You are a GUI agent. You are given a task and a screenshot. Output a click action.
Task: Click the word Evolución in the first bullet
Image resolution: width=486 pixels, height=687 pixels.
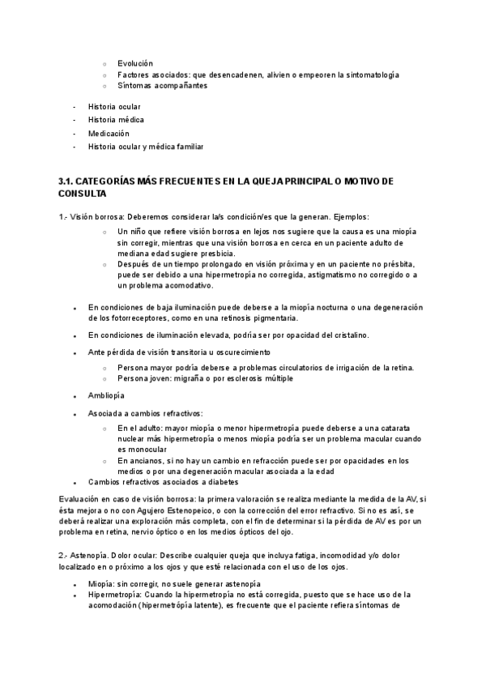pyautogui.click(x=134, y=63)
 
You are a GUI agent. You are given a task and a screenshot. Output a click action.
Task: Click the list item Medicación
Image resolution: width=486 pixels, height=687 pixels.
pyautogui.click(x=109, y=134)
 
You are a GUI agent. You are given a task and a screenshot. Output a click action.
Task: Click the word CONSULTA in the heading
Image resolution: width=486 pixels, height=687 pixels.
pyautogui.click(x=83, y=194)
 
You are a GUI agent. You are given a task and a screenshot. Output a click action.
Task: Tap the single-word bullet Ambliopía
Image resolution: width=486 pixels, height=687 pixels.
pyautogui.click(x=106, y=395)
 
